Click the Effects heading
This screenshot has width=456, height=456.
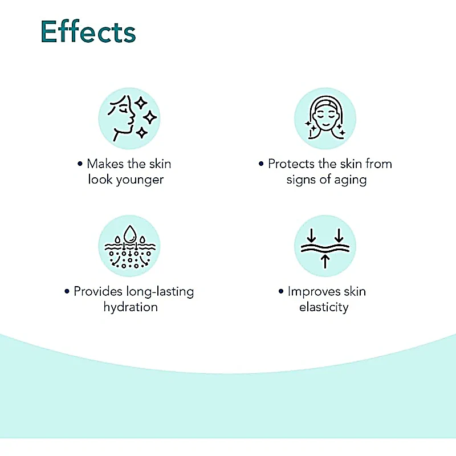click(x=88, y=31)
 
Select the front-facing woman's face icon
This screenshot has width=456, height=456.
click(x=325, y=119)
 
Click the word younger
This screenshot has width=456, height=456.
click(x=140, y=180)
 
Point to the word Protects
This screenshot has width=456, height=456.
click(x=291, y=164)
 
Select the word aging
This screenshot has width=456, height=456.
click(x=350, y=180)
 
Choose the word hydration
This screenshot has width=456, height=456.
click(x=131, y=307)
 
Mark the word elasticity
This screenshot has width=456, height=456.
click(x=324, y=307)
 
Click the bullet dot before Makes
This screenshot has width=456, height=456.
click(x=80, y=164)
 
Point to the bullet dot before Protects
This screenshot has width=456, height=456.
click(x=261, y=164)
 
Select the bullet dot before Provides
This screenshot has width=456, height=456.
click(x=67, y=291)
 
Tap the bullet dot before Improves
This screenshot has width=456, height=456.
click(x=281, y=291)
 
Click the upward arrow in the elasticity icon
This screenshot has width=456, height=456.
click(x=325, y=261)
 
